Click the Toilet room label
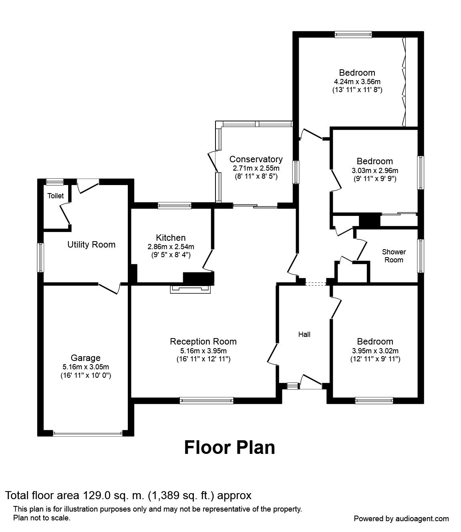pos(56,196)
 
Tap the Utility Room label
pos(91,244)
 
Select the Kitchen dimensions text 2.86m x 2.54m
pos(171,247)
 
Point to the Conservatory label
pos(256,159)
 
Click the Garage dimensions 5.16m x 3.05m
pos(86,367)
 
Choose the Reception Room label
pos(203,341)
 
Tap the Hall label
pos(304,334)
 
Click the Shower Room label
pos(394,256)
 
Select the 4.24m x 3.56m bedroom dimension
pos(357,82)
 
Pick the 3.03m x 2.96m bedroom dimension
pos(375,170)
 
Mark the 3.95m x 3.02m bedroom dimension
pos(375,351)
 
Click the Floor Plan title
pos(229,447)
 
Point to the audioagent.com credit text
pos(401,518)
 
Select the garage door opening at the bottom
pos(87,433)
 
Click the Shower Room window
pos(420,256)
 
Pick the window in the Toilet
pos(54,182)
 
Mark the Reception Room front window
pos(206,399)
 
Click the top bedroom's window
pos(353,34)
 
